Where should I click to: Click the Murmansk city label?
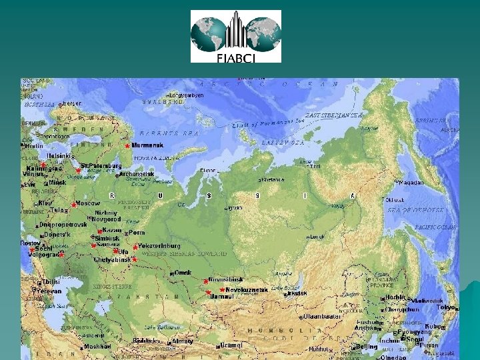coord(147,145)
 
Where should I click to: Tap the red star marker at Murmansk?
coord(127,145)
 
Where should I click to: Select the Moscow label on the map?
coord(87,203)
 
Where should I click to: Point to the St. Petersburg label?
coord(101,165)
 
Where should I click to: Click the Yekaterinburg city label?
coord(159,245)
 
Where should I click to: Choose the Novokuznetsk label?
coord(247,290)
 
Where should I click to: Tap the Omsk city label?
coord(182,272)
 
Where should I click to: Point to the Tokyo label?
coord(445,307)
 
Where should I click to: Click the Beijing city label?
coord(367,347)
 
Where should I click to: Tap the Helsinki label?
coord(59,155)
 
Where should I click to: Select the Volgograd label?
coord(44,254)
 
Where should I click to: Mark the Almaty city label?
coord(182,341)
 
